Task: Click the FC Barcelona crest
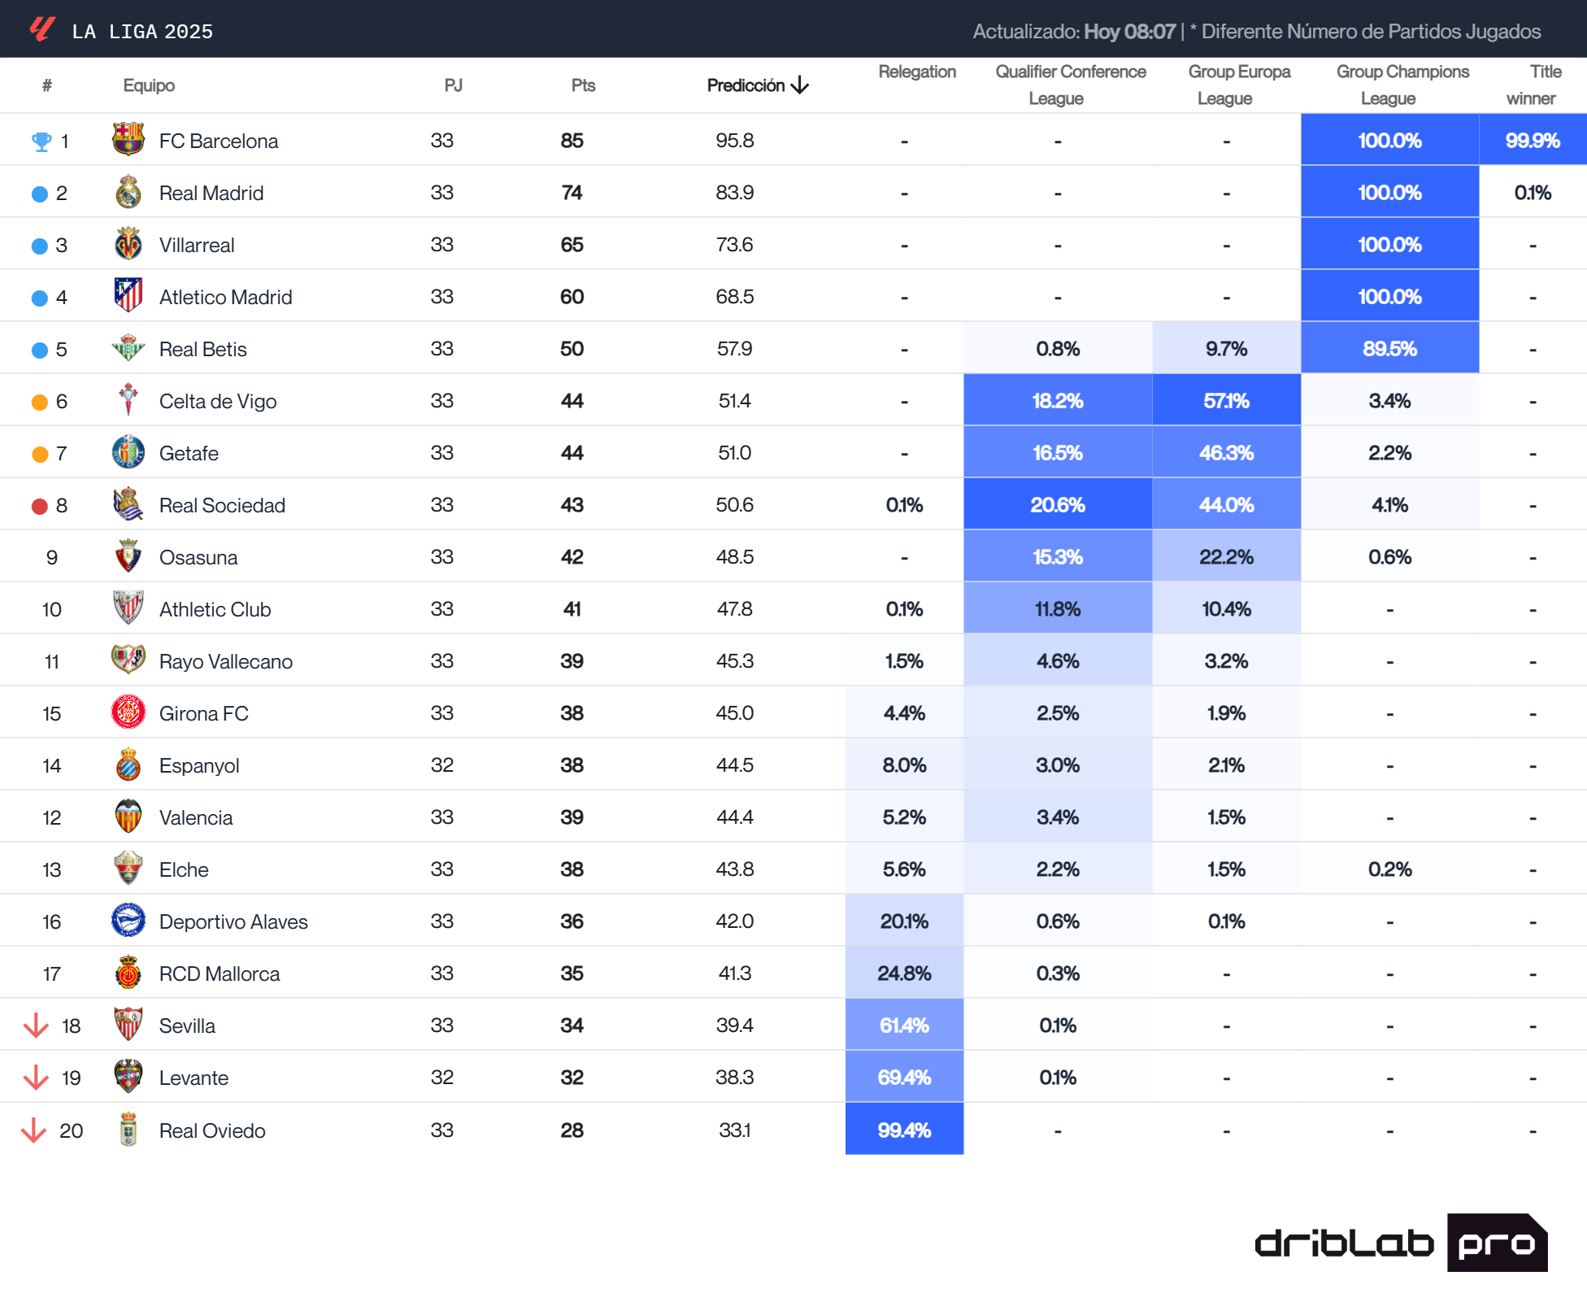(128, 140)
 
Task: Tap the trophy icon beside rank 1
(41, 142)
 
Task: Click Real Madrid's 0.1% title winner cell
(1532, 193)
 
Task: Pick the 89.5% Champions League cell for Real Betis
(1389, 349)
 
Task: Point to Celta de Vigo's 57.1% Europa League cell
(1226, 401)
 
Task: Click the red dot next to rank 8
(40, 506)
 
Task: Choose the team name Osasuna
(198, 558)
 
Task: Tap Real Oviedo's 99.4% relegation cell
(904, 1130)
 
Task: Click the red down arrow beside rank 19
(36, 1078)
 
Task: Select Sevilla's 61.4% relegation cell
(904, 1026)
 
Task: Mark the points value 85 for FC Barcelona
(572, 141)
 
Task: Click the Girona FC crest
(128, 712)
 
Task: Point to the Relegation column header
(917, 72)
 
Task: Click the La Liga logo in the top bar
(42, 29)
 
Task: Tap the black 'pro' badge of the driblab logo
(1496, 1243)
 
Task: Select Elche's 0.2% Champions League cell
(1389, 869)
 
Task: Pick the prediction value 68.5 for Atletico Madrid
(734, 297)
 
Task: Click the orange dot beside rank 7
(40, 454)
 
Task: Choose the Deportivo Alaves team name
(233, 922)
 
